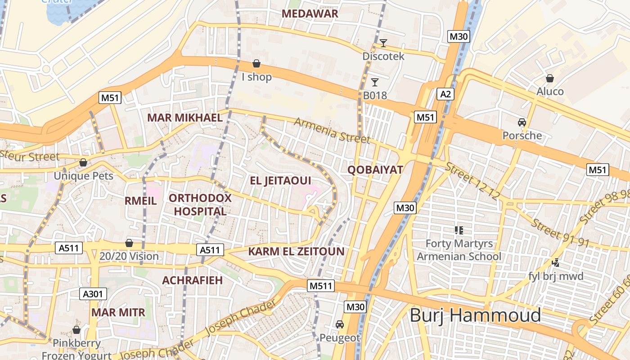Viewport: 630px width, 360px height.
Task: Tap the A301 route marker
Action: click(94, 294)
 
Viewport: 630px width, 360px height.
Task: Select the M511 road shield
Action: click(321, 286)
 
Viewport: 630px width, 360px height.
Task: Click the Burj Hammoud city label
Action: click(475, 315)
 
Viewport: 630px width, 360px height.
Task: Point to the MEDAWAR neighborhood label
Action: click(310, 13)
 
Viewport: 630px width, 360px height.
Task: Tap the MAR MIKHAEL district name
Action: click(185, 118)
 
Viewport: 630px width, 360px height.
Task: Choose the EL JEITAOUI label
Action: click(280, 181)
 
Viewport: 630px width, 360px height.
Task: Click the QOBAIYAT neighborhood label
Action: click(375, 170)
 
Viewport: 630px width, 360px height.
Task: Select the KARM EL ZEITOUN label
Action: click(296, 252)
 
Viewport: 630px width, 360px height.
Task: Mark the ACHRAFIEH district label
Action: click(192, 280)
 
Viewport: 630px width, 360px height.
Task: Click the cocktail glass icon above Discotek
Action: click(383, 43)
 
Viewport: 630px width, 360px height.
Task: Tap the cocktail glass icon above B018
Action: click(374, 82)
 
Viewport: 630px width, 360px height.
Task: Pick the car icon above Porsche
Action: click(522, 122)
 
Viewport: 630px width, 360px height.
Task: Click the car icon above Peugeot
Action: click(340, 324)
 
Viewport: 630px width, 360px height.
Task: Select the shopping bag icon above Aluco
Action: click(549, 78)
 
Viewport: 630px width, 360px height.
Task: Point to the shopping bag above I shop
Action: click(256, 63)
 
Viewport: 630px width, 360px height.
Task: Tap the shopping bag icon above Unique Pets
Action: click(83, 162)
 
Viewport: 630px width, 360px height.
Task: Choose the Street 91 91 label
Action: click(560, 232)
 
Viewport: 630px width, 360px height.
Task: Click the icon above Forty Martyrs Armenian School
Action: click(459, 230)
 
